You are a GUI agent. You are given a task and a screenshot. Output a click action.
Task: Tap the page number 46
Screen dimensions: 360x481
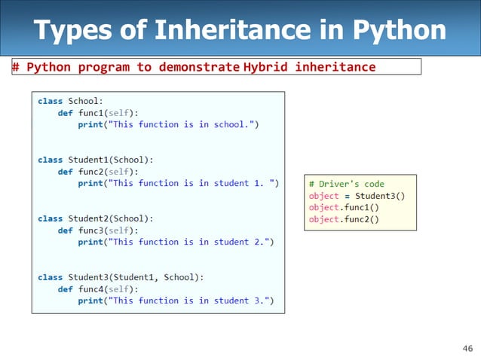[467, 347]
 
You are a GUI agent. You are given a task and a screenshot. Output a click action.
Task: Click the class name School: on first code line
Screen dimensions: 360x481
[88, 100]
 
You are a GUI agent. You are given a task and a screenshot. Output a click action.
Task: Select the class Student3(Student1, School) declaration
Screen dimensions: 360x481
[121, 277]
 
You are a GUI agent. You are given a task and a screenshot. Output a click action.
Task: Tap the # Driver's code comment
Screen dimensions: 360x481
[346, 184]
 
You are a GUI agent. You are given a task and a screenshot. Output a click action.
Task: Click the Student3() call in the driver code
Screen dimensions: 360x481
[380, 196]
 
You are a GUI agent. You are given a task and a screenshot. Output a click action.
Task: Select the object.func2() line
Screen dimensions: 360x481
[344, 220]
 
